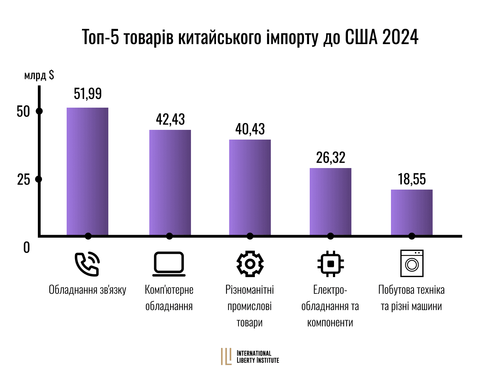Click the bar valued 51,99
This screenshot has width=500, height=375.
coord(87,172)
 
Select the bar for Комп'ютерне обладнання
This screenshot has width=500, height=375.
coord(170,183)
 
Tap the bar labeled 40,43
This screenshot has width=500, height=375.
coord(250,187)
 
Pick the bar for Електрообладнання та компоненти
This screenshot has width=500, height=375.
coord(331,202)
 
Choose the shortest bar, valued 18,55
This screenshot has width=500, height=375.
coord(412,212)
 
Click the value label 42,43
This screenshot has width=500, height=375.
coord(170,119)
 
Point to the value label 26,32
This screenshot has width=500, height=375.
coord(331,158)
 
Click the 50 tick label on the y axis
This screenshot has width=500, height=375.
coord(24,111)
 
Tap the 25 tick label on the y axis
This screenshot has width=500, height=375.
coord(24,180)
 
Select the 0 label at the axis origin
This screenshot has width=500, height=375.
coord(26,248)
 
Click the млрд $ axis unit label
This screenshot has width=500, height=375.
coord(39,75)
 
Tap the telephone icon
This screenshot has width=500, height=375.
coord(87,264)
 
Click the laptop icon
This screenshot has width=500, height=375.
coord(169,264)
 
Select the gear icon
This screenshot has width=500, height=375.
coord(250,264)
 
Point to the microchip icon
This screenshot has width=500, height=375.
coord(331,264)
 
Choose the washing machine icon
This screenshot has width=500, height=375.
coord(412,264)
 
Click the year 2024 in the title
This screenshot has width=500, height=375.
coord(400,37)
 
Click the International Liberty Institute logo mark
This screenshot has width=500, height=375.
coord(226,357)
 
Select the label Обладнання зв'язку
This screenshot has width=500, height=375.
coord(87,290)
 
